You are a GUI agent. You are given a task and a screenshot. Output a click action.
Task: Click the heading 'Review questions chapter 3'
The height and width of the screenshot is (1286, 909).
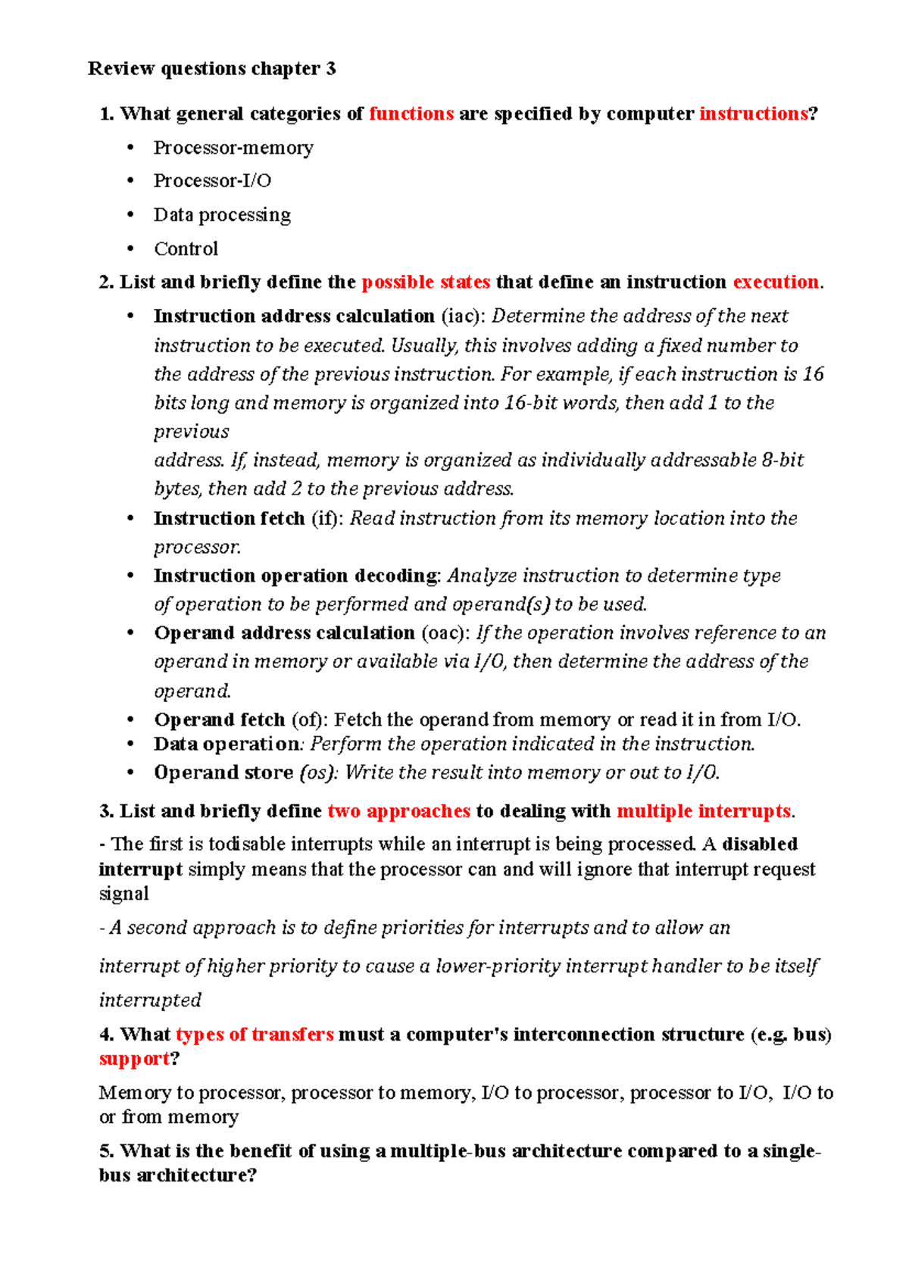pos(211,69)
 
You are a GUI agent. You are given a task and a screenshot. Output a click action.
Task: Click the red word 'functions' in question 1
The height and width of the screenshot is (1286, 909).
pos(411,114)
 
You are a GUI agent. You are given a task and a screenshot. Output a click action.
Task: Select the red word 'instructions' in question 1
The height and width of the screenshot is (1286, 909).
pos(753,114)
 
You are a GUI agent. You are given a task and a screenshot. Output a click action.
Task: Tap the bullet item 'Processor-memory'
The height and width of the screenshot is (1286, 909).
pos(233,148)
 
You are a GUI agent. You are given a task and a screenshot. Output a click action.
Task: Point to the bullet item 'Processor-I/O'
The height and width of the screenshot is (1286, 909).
pos(212,181)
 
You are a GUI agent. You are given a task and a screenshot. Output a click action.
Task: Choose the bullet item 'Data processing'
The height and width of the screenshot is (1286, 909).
pos(222,215)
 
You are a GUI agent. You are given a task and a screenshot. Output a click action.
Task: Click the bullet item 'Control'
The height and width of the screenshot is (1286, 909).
pos(186,249)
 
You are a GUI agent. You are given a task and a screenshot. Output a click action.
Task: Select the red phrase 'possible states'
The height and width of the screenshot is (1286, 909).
pos(426,282)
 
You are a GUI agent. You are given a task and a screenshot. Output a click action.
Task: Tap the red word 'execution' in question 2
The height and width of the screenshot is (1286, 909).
pos(776,282)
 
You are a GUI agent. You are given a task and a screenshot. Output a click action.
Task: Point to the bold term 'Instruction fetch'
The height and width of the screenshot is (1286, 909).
pos(229,519)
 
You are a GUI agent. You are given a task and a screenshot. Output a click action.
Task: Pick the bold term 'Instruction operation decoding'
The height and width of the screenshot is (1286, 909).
pos(295,576)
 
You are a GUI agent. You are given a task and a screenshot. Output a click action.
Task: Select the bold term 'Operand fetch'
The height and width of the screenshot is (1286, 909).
pos(219,720)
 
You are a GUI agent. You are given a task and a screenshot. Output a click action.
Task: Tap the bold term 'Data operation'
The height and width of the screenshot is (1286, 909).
pos(226,744)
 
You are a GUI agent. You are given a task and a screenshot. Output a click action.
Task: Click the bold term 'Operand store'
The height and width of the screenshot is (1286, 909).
pos(223,773)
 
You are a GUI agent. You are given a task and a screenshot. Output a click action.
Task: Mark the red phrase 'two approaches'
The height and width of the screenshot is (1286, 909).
pos(398,812)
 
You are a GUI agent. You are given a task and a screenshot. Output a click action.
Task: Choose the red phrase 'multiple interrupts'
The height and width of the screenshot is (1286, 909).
pos(704,812)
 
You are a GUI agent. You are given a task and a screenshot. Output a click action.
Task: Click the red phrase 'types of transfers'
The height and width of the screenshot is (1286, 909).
pos(255,1035)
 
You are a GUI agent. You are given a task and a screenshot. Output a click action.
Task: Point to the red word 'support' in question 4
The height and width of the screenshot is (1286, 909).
pos(134,1059)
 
